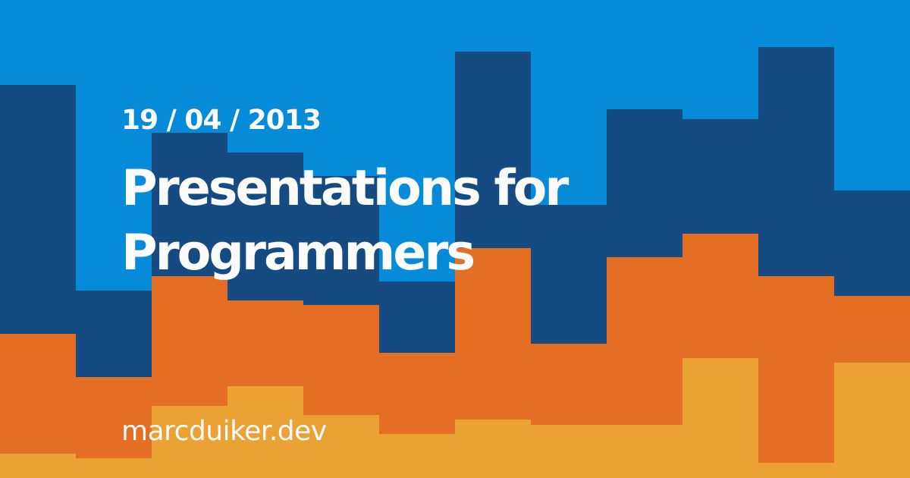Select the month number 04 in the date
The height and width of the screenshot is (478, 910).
[x=202, y=121]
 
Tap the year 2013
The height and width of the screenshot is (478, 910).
[x=284, y=121]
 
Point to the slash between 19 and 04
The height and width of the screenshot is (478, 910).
[x=171, y=121]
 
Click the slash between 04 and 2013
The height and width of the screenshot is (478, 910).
[x=236, y=121]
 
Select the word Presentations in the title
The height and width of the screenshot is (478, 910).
[x=300, y=189]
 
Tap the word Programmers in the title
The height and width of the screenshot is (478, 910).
[x=297, y=253]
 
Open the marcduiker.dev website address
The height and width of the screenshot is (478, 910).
[x=224, y=431]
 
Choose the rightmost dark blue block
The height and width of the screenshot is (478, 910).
[x=872, y=243]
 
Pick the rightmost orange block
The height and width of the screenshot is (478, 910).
[x=872, y=329]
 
